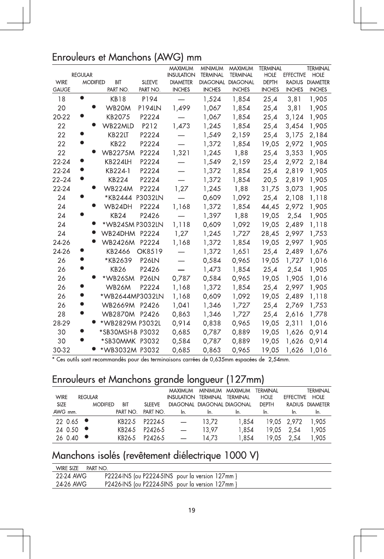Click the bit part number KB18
coord(118,99)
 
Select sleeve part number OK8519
coord(150,251)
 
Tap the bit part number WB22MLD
coord(118,126)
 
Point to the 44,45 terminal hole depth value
coord(270,207)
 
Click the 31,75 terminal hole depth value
coord(270,189)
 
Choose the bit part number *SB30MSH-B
coord(118,332)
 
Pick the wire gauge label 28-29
coord(62,323)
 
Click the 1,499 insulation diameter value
coord(181,108)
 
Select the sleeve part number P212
coord(150,126)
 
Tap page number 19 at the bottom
coord(192,510)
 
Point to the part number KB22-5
coord(127,422)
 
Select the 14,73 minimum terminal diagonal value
coord(210,438)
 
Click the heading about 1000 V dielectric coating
coord(155,455)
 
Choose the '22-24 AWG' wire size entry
coord(71,476)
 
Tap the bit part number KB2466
coord(118,251)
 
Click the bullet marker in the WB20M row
coord(94,107)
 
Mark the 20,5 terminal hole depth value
coord(270,180)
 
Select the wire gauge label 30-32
coord(62,350)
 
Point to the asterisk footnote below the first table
coord(171,360)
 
